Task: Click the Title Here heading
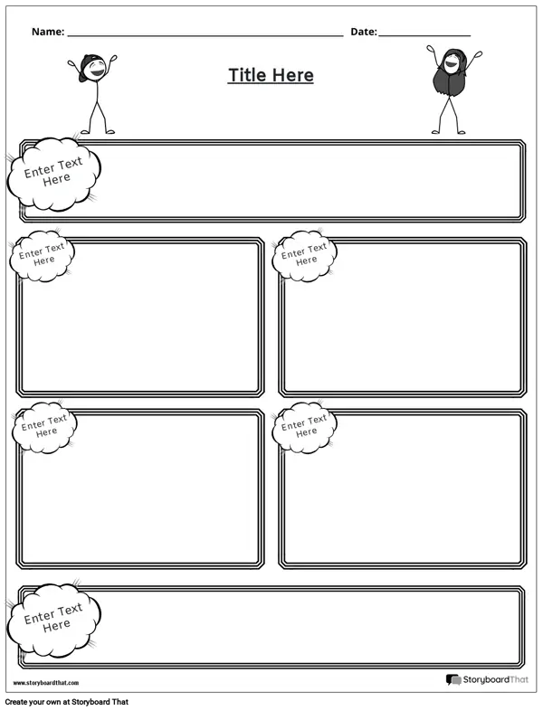tap(271, 75)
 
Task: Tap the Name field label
tap(47, 32)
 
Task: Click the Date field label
tap(363, 32)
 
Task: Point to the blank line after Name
tap(205, 35)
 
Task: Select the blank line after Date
tap(424, 35)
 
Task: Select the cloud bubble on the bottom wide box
tap(53, 619)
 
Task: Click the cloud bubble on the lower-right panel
tap(305, 427)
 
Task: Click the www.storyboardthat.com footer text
tap(46, 683)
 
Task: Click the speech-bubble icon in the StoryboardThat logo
tap(453, 680)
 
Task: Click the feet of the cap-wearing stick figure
tap(97, 132)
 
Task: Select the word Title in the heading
tap(245, 75)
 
